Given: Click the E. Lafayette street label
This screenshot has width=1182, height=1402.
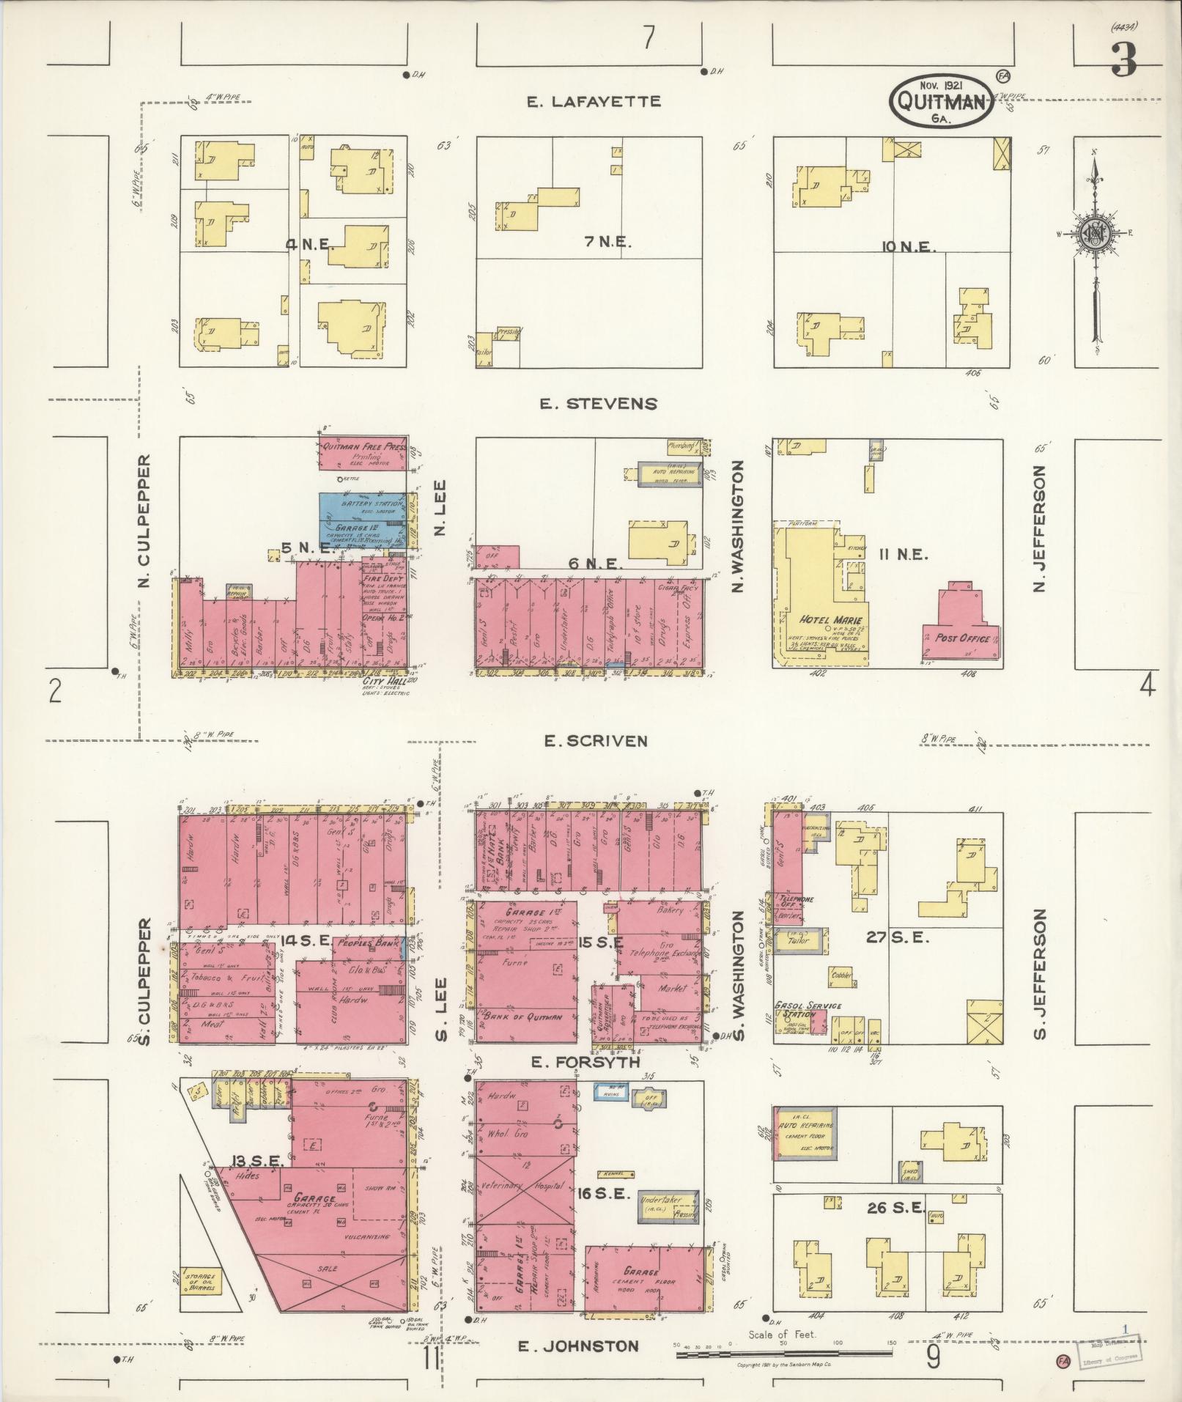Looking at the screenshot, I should click(594, 101).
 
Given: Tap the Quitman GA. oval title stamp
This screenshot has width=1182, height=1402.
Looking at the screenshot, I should click(941, 102).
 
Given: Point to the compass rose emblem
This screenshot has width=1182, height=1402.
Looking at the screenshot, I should click(1096, 235).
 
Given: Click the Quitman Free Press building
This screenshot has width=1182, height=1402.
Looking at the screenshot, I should click(361, 455).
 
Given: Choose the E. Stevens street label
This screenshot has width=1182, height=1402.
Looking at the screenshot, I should click(599, 404).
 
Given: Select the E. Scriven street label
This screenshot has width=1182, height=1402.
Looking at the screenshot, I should click(595, 741).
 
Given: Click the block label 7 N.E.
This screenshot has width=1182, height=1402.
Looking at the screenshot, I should click(608, 243).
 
